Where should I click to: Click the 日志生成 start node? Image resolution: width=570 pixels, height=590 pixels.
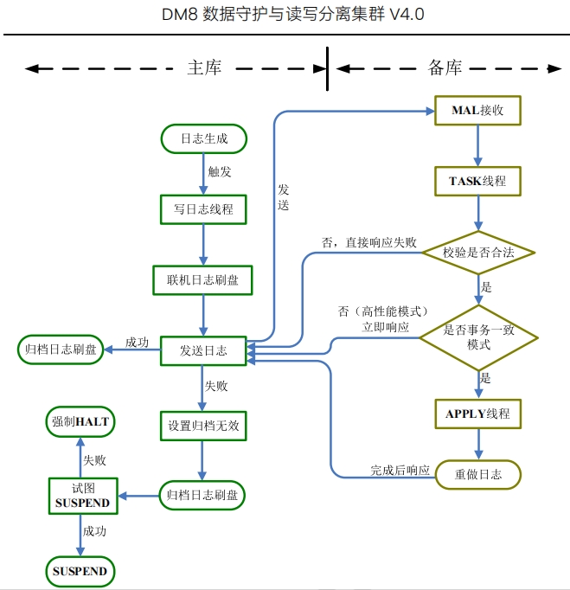203,138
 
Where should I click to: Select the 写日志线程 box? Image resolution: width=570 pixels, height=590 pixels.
203,208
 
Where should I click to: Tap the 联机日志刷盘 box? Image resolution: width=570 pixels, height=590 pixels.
203,279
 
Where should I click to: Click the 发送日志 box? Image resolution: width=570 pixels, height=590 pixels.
203,350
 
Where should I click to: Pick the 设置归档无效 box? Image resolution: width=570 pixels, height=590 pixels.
203,425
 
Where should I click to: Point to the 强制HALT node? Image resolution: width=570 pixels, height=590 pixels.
80,422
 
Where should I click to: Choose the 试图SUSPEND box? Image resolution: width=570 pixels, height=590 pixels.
82,496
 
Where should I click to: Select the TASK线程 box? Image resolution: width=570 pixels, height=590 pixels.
477,181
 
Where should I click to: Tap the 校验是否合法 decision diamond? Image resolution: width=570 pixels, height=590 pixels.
478,253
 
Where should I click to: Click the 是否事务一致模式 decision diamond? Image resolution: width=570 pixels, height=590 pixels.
478,337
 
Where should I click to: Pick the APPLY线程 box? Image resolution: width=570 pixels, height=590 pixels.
477,414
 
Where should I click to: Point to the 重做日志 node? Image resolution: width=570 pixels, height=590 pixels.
477,475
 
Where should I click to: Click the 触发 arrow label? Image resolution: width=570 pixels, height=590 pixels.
220,172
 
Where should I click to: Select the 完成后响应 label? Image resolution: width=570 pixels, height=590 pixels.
400,470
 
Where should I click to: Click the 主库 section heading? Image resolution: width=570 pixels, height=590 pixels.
205,68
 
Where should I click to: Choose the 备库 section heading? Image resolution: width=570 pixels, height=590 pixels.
445,68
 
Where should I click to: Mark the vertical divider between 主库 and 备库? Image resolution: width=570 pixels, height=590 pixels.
327,68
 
